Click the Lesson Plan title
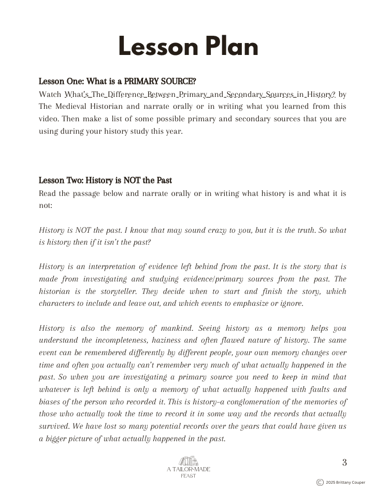pyautogui.click(x=188, y=47)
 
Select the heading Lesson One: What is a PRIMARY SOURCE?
pyautogui.click(x=117, y=81)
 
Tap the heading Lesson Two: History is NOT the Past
pyautogui.click(x=105, y=180)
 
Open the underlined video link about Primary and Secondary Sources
pyautogui.click(x=200, y=94)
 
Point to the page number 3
pyautogui.click(x=344, y=462)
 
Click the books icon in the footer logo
pyautogui.click(x=188, y=460)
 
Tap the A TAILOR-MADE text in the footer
pyautogui.click(x=189, y=469)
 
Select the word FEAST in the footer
pyautogui.click(x=189, y=476)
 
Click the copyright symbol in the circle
pyautogui.click(x=320, y=482)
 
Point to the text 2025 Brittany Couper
pyautogui.click(x=346, y=483)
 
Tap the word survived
pyautogui.click(x=55, y=426)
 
